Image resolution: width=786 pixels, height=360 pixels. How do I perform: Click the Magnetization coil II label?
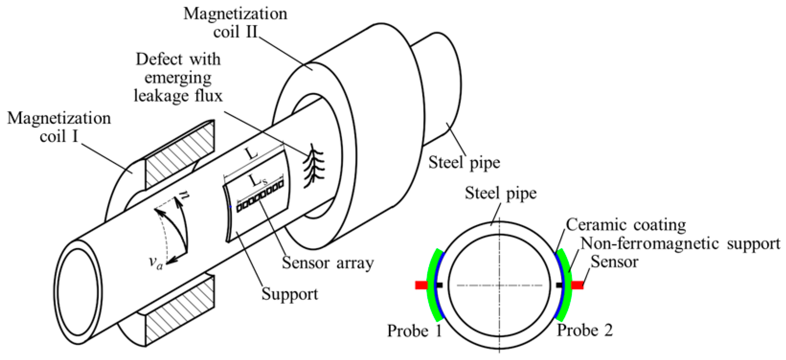pyautogui.click(x=235, y=23)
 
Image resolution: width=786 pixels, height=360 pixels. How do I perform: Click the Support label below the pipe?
pyautogui.click(x=290, y=294)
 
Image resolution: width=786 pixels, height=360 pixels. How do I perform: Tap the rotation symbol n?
pyautogui.click(x=183, y=194)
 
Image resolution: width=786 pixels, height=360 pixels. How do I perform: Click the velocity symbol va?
pyautogui.click(x=156, y=263)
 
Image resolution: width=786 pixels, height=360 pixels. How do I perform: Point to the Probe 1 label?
pyautogui.click(x=414, y=331)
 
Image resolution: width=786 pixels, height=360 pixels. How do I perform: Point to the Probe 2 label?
pyautogui.click(x=585, y=330)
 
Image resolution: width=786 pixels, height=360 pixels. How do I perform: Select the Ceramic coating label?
pyautogui.click(x=626, y=225)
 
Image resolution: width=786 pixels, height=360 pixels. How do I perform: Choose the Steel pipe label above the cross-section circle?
pyautogui.click(x=500, y=193)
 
